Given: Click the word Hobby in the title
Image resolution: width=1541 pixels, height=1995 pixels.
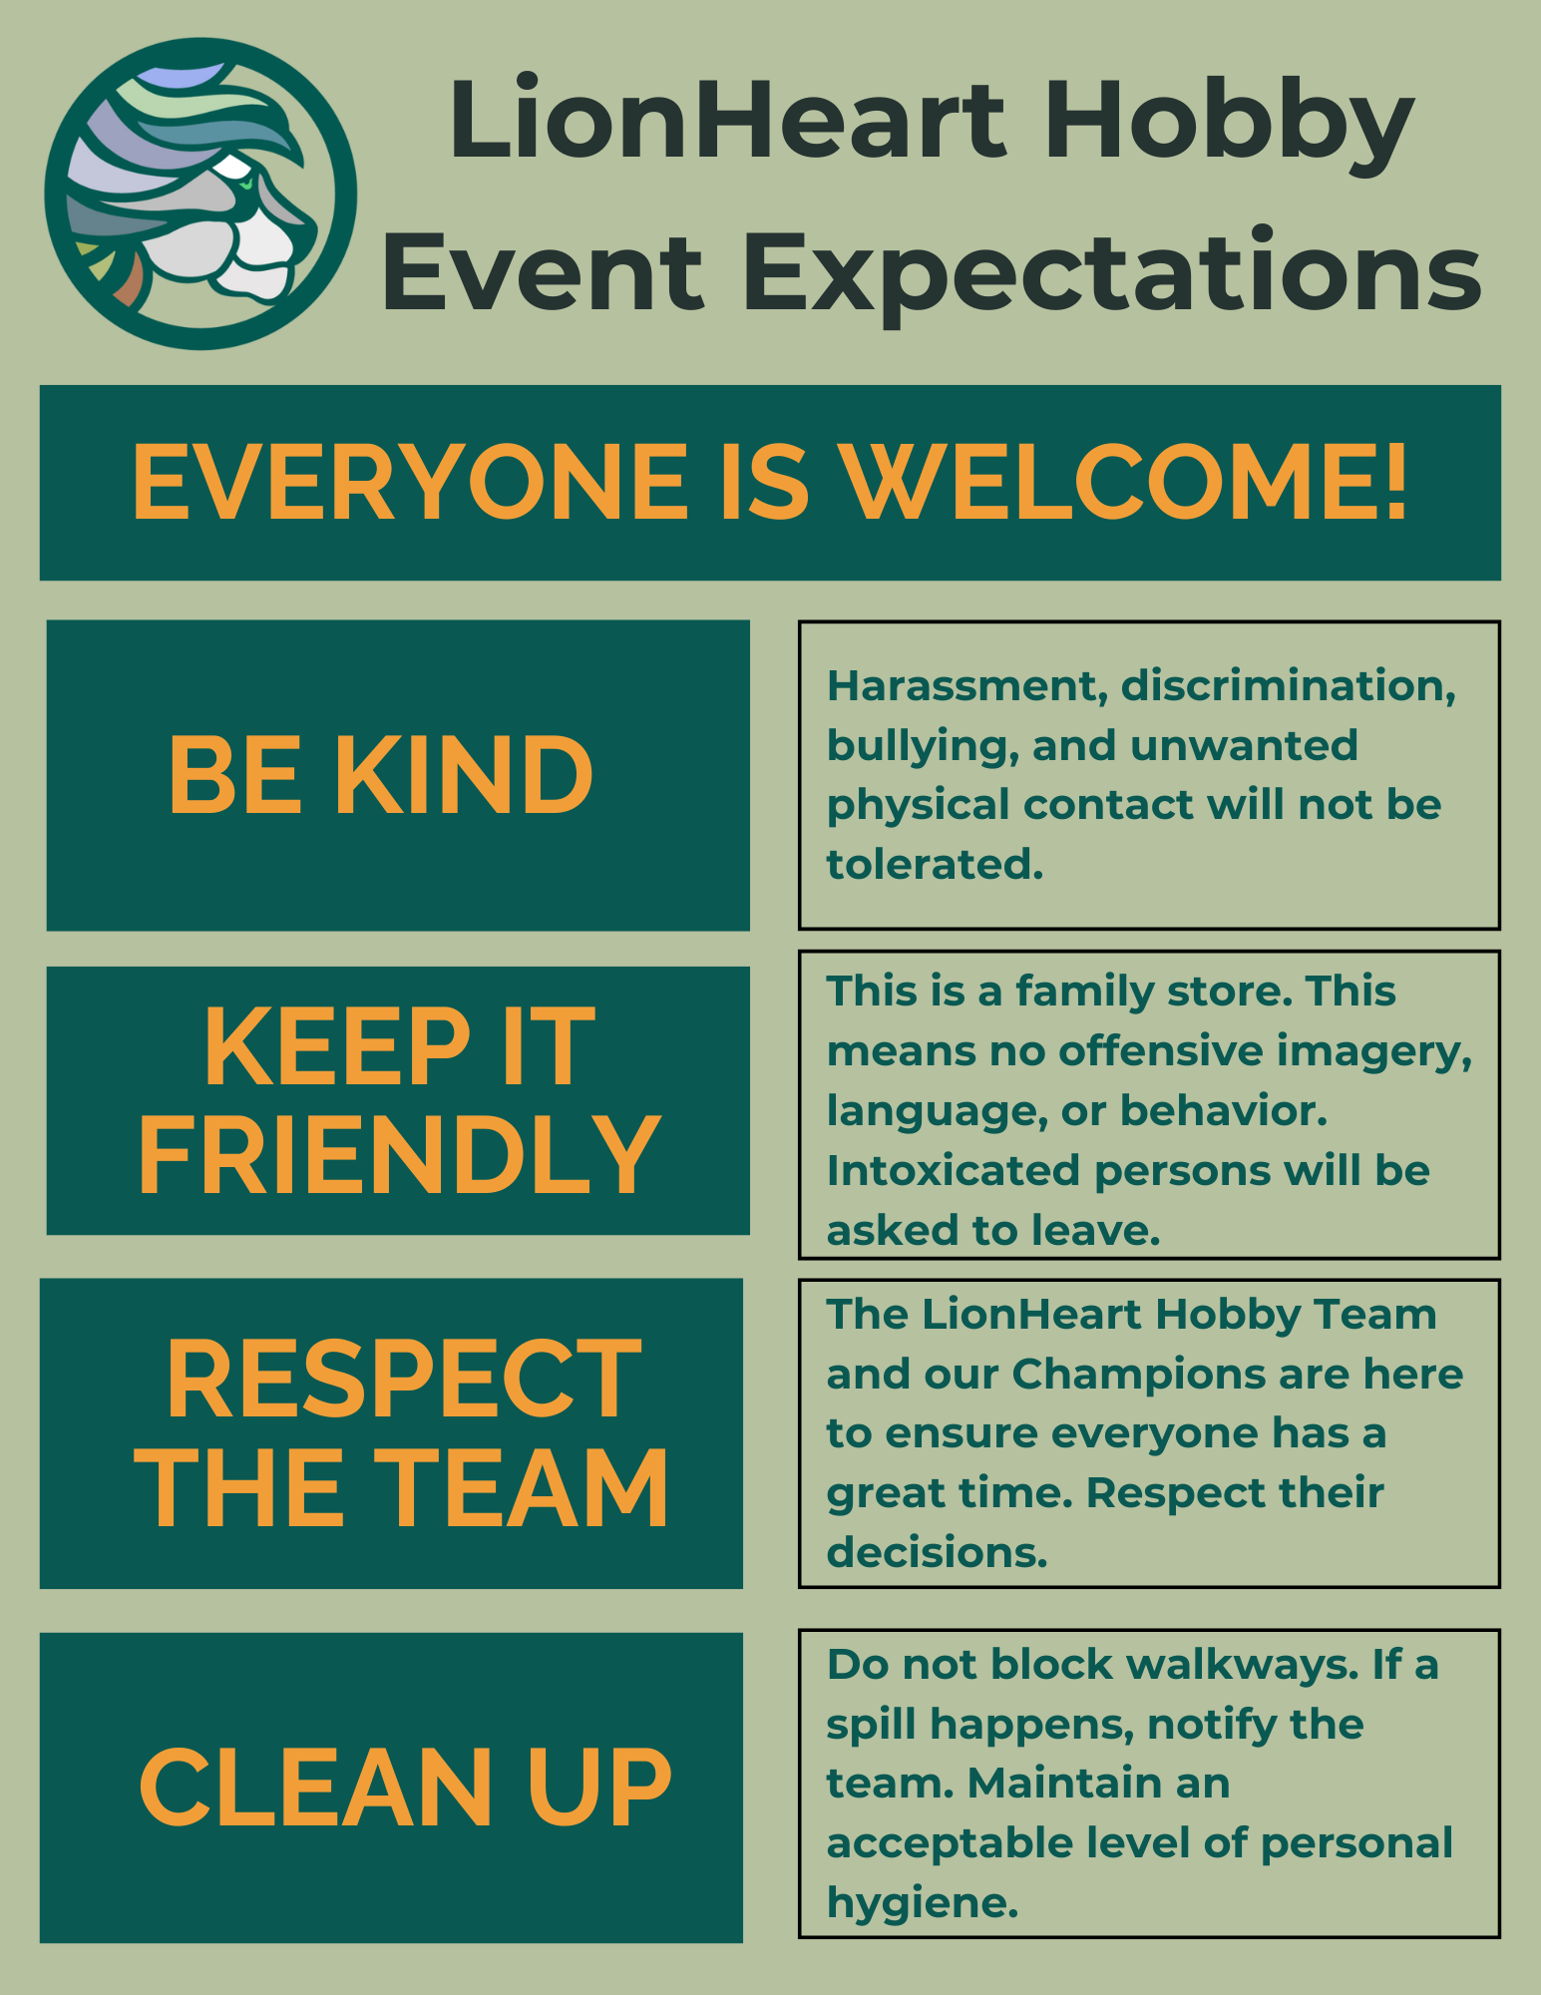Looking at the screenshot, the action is coord(1229,124).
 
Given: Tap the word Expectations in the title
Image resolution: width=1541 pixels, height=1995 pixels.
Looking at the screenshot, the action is coord(1111,271).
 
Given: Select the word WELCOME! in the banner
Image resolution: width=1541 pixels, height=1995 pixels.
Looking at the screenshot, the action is coord(1124,483).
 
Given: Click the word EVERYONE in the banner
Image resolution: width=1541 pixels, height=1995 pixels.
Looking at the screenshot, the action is coord(410,483).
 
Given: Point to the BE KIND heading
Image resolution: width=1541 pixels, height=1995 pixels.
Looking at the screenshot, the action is coord(381,775).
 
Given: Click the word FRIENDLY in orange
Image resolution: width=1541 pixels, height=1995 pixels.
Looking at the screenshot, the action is coord(399,1154).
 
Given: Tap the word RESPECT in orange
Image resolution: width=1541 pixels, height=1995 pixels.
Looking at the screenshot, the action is coord(404,1379).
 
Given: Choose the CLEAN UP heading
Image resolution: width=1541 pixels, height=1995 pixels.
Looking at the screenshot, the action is coord(405,1789).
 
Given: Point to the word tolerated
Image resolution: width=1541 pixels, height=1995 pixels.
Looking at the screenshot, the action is coord(935,865).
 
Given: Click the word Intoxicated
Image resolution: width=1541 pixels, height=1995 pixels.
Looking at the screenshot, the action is coord(954,1171).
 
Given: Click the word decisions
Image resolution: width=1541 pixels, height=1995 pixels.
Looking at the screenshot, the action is coord(937,1553).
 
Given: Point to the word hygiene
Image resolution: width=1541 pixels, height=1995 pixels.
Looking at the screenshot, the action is coord(923,1904).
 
